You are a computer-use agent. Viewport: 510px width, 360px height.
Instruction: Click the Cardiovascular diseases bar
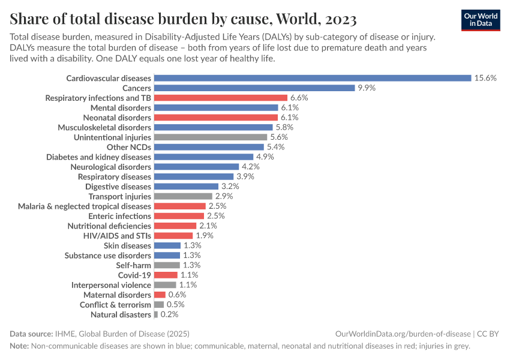312,78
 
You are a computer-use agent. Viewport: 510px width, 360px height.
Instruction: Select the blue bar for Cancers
254,88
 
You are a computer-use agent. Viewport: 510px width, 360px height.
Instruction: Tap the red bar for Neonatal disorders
216,118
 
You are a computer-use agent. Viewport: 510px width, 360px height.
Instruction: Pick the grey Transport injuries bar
184,196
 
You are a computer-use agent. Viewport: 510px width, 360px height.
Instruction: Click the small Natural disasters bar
156,314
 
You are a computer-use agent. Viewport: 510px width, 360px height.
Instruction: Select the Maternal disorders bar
160,295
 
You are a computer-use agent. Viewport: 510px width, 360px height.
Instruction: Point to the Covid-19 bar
166,275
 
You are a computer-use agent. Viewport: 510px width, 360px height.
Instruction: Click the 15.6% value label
485,78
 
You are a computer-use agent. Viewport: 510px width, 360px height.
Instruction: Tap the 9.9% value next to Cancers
367,88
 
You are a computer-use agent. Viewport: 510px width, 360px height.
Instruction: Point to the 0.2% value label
169,314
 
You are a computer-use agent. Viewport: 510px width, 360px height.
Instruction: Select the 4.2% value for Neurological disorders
248,167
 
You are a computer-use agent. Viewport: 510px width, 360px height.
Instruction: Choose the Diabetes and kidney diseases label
99,157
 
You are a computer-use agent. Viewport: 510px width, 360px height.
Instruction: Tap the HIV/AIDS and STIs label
117,236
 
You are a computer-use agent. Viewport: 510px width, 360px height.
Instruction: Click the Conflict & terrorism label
115,305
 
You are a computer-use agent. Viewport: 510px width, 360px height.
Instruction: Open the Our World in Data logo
481,20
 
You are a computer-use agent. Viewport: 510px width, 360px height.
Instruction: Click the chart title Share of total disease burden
184,19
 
